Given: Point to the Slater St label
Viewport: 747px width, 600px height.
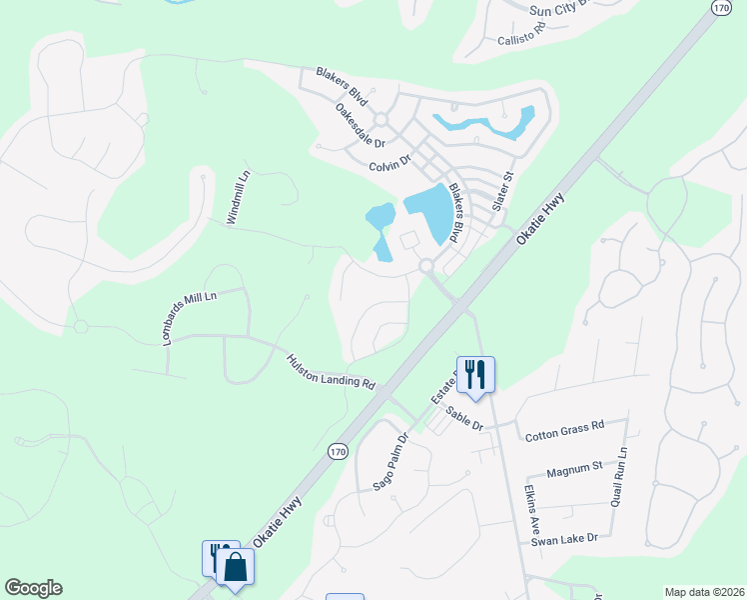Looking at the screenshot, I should click(502, 190).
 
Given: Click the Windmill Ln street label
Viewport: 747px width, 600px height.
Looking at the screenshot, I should click(237, 197).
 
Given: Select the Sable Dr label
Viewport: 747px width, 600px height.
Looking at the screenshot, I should click(464, 418).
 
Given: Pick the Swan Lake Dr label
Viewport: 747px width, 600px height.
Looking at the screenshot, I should click(564, 538).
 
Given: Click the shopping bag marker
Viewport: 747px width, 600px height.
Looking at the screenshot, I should click(236, 567).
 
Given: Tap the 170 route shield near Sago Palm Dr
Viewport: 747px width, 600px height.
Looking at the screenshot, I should click(338, 452).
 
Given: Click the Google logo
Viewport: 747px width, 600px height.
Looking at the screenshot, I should click(33, 588).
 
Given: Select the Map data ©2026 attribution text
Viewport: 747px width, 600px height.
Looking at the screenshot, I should click(704, 592).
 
